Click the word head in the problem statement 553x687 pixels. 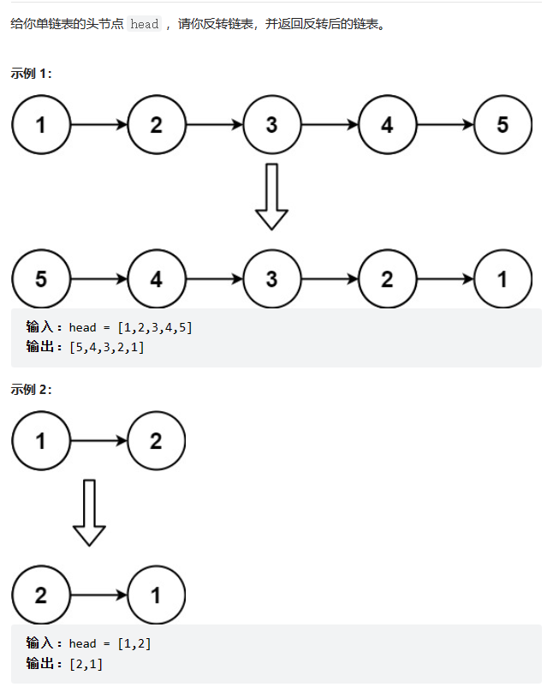[x=145, y=24]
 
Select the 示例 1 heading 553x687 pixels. [x=32, y=74]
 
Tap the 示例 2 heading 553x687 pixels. [x=32, y=390]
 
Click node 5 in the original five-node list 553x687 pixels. [x=502, y=125]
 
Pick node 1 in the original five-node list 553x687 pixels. [x=41, y=125]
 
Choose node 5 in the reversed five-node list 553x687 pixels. [x=41, y=279]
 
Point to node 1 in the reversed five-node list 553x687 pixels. [x=502, y=279]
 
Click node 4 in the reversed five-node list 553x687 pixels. [x=157, y=279]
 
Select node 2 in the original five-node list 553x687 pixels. [x=157, y=125]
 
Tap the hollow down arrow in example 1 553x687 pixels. [x=272, y=196]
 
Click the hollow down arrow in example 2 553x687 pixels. [x=89, y=512]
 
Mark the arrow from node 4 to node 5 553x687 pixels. [x=445, y=125]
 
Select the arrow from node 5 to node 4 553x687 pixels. [x=98, y=279]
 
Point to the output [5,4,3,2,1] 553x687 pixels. [x=106, y=348]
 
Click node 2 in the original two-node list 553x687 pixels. [x=157, y=441]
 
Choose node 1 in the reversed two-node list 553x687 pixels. [x=157, y=594]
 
